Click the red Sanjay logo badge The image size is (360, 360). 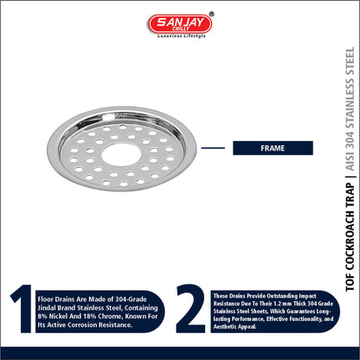point(180,23)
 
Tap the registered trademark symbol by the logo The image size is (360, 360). point(212,14)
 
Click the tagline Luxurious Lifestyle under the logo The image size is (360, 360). point(182,36)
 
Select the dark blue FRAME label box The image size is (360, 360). point(273,148)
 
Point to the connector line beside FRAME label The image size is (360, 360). point(213,148)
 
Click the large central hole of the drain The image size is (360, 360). point(121,155)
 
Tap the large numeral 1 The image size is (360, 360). point(22,308)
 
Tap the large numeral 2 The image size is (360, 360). point(191,308)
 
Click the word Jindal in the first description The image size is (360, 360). point(47,308)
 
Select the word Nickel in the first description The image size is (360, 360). point(58,316)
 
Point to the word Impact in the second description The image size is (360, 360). point(307,296)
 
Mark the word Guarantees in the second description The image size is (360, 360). point(302,312)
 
